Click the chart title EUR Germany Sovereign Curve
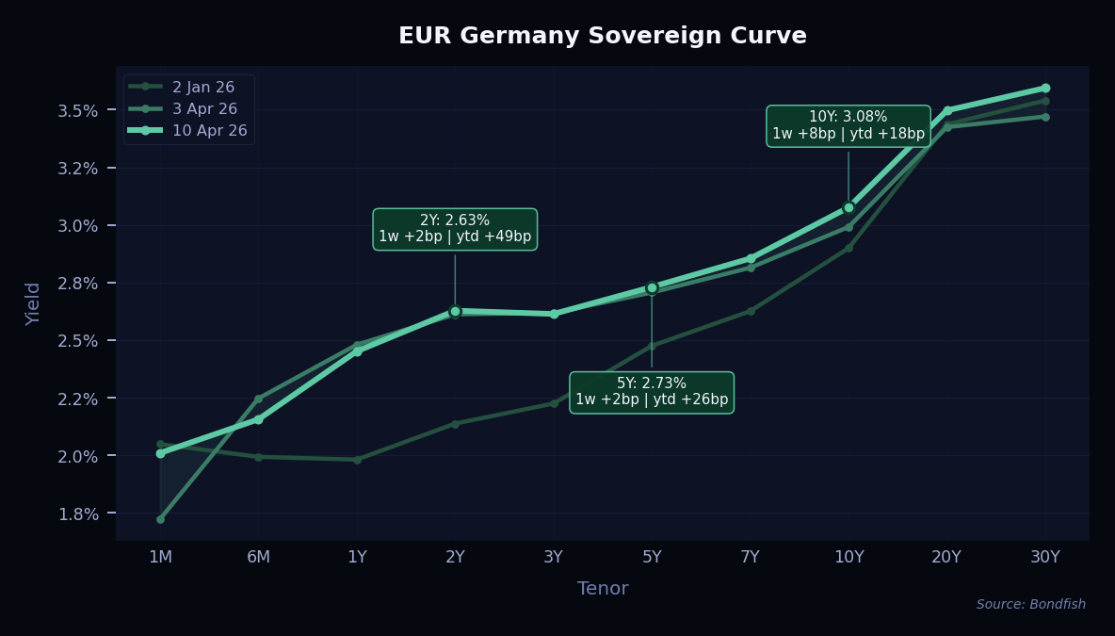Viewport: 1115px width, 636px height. pos(602,36)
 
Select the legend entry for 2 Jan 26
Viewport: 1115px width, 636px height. pos(203,87)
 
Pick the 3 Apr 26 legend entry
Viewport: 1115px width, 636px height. pos(204,108)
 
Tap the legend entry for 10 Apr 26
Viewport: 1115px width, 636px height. pos(209,130)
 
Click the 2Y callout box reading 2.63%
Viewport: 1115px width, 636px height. pos(455,229)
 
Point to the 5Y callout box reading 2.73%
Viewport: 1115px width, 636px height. pos(652,392)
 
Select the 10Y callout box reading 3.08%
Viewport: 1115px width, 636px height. pos(848,125)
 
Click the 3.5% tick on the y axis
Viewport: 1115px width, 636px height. pos(79,110)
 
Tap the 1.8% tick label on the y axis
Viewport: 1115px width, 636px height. pos(79,514)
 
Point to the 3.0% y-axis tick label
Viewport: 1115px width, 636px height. pos(79,226)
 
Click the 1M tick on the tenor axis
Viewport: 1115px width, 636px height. pos(160,557)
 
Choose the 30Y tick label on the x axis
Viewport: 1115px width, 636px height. pos(1045,557)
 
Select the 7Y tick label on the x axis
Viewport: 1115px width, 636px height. pos(751,557)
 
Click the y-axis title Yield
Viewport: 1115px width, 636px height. pos(34,303)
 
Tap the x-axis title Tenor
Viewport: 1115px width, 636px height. pos(603,589)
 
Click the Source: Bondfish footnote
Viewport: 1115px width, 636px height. pos(1030,605)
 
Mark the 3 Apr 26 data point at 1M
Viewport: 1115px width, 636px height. pos(160,519)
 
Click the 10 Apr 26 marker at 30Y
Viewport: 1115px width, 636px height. pos(1045,88)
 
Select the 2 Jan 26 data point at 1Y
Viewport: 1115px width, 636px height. pos(357,460)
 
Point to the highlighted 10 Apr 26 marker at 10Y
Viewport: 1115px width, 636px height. pos(848,207)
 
